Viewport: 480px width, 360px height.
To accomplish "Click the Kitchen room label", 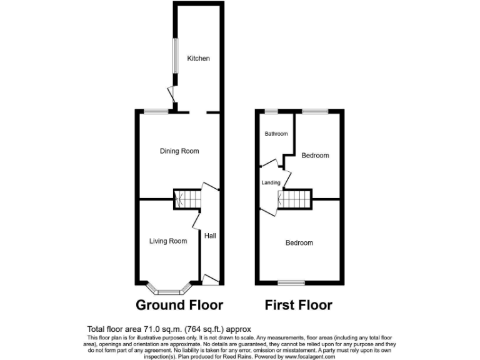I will [199, 59].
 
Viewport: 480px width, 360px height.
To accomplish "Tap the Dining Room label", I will [179, 151].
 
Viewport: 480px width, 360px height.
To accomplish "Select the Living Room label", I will [168, 241].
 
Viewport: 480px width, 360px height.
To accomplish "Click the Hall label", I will [210, 236].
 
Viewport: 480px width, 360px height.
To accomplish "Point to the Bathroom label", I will [276, 134].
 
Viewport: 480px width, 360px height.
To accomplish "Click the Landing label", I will [271, 182].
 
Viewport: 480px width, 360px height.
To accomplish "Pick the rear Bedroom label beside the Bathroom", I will [315, 156].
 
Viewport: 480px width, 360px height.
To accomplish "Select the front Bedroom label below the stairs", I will [299, 242].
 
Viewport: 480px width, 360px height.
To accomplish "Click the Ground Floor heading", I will [179, 305].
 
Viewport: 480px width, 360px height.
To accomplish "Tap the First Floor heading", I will [298, 305].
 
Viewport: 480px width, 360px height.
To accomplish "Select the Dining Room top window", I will [155, 112].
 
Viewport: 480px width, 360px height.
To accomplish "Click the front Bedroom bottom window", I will [292, 282].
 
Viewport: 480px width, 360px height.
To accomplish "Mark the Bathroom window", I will [271, 112].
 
